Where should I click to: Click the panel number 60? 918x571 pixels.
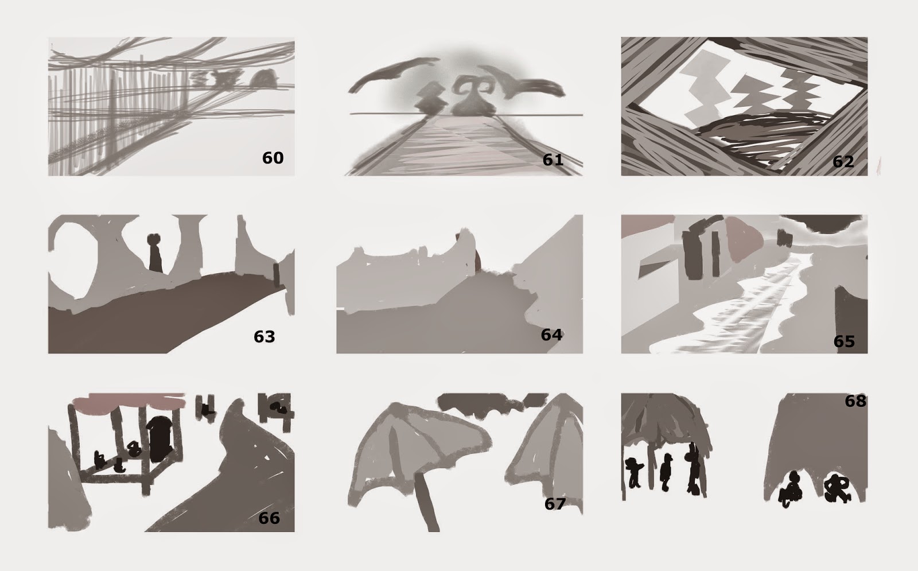point(273,158)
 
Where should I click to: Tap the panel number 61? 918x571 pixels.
point(553,160)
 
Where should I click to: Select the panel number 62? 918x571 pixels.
point(843,162)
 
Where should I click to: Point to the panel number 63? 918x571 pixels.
point(264,336)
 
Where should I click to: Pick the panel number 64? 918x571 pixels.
point(551,335)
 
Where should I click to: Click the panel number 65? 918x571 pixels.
point(844,341)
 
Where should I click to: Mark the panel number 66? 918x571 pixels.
point(269,518)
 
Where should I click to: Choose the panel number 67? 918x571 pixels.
point(555,504)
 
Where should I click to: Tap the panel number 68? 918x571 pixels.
point(855,401)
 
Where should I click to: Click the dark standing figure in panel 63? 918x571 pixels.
point(155,252)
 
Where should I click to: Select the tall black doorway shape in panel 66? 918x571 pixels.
point(160,438)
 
